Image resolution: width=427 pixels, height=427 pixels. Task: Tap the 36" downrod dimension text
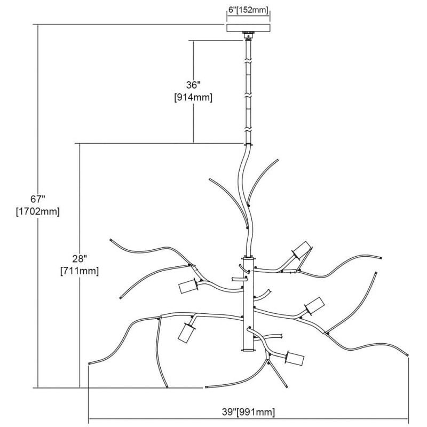[x=192, y=85]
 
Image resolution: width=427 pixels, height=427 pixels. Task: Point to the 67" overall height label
[x=37, y=199]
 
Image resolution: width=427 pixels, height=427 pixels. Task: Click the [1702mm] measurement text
[x=37, y=211]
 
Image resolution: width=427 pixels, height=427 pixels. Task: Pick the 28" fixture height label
[x=80, y=259]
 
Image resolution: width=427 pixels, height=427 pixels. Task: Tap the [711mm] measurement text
[x=80, y=271]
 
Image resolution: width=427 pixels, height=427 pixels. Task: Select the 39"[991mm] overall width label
[x=248, y=412]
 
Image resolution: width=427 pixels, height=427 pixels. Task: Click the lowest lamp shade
[x=295, y=358]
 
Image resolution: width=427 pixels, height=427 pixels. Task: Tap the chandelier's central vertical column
[x=248, y=304]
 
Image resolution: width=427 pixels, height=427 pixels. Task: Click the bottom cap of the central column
[x=248, y=350]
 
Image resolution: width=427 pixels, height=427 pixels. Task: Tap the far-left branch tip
[x=89, y=363]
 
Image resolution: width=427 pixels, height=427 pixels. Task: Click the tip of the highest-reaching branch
[x=278, y=159]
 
